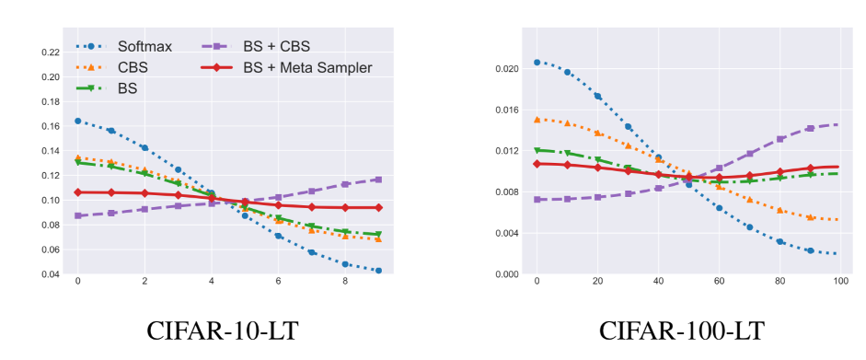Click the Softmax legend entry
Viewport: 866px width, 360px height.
[x=138, y=46]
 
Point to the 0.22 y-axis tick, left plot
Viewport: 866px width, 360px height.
[x=48, y=52]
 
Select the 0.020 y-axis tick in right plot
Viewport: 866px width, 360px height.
[x=504, y=69]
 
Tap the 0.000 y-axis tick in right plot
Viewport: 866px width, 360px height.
[x=504, y=274]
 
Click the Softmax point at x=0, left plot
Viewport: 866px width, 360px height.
[x=77, y=121]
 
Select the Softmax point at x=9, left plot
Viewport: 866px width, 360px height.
[x=378, y=271]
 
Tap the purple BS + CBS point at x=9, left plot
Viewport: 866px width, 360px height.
[x=378, y=180]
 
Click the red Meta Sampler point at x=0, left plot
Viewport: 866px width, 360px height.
[x=77, y=192]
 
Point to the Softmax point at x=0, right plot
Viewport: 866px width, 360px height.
[x=537, y=63]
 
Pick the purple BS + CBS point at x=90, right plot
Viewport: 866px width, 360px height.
[x=810, y=129]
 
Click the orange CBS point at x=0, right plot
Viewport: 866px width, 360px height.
[x=537, y=120]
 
